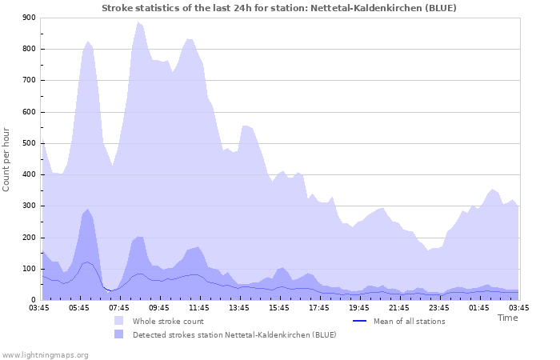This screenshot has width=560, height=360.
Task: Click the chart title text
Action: point(279,8)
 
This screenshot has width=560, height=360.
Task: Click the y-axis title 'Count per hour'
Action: point(7,158)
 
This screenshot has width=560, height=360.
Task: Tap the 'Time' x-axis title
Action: point(507,318)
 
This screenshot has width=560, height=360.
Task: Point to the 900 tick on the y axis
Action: point(29,18)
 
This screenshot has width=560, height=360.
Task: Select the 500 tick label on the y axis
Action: point(29,143)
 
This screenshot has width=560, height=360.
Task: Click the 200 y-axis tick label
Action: point(29,238)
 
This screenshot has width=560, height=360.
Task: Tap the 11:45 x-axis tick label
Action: point(199,307)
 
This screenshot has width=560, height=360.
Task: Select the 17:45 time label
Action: point(319,307)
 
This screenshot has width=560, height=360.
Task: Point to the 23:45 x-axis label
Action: point(439,307)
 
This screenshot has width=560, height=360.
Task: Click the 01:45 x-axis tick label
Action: point(479,307)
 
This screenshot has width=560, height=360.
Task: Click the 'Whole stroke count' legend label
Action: point(168,322)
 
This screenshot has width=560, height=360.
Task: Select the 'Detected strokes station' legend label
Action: point(234,334)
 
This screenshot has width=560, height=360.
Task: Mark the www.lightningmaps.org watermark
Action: point(45,354)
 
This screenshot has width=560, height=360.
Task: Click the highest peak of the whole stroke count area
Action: point(138,22)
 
